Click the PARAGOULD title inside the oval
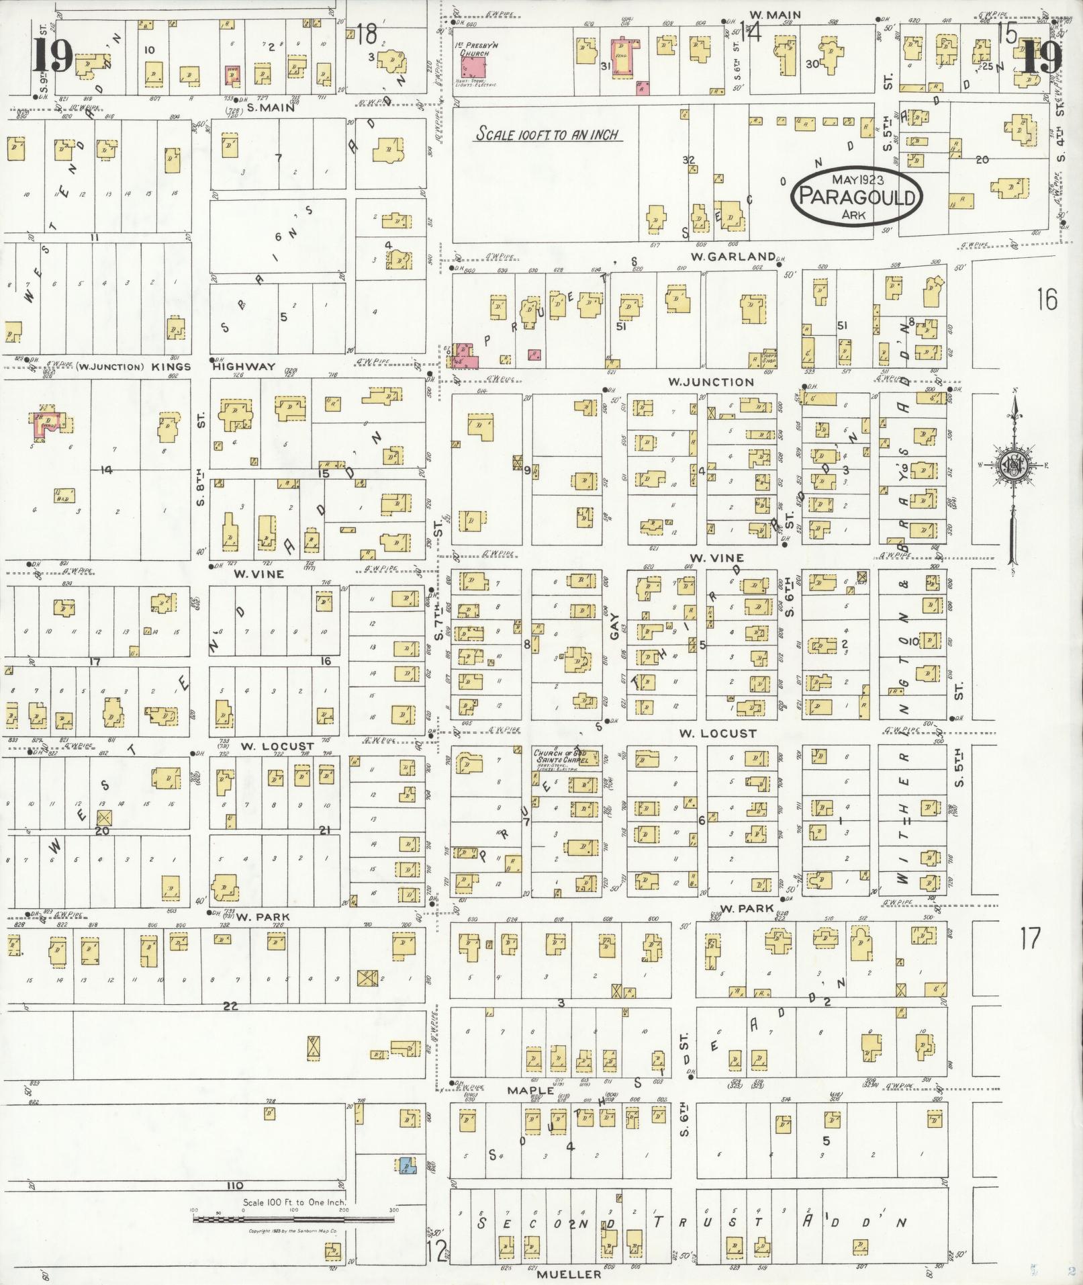pyautogui.click(x=858, y=198)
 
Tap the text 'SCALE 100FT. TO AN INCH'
pyautogui.click(x=548, y=134)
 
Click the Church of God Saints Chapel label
pyautogui.click(x=560, y=756)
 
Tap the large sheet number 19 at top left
pyautogui.click(x=52, y=57)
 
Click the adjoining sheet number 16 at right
pyautogui.click(x=1046, y=299)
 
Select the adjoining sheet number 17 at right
pyautogui.click(x=1030, y=938)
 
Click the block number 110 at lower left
pyautogui.click(x=235, y=1185)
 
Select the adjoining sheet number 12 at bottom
pyautogui.click(x=436, y=1250)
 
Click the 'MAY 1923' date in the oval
pyautogui.click(x=857, y=179)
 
